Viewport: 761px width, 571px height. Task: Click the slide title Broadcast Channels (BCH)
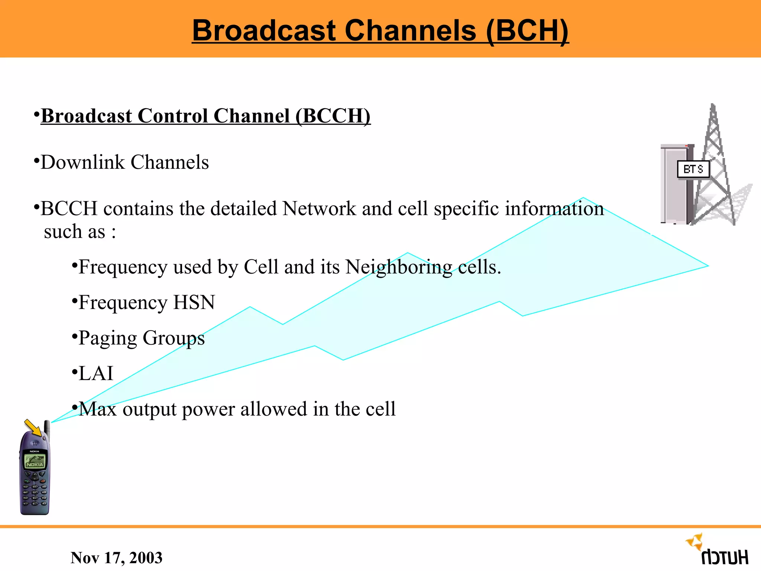point(380,30)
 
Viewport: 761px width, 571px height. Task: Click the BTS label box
point(693,170)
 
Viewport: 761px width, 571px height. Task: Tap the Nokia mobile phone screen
point(35,461)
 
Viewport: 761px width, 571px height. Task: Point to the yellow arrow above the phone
point(33,428)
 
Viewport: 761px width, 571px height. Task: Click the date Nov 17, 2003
point(116,558)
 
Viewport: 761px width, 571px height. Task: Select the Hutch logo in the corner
point(719,550)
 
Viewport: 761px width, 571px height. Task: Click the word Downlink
point(82,162)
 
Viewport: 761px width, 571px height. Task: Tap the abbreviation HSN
point(194,302)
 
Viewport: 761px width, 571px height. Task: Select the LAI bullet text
point(96,373)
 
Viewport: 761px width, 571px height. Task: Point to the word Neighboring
point(399,267)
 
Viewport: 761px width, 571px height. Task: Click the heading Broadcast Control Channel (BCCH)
point(205,116)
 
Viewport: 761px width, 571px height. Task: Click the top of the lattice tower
point(713,110)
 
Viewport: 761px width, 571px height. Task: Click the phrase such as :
point(80,232)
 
